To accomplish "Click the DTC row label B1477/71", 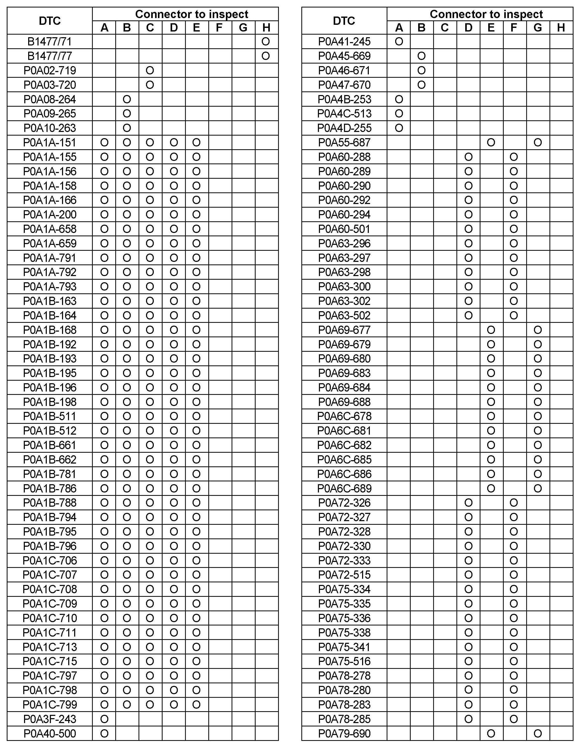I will pos(50,42).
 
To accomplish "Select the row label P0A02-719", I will pos(50,71).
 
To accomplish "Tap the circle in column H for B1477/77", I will pos(266,56).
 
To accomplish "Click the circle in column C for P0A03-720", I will pos(150,85).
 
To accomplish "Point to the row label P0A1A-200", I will pos(50,215).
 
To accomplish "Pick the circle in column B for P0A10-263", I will pos(127,128).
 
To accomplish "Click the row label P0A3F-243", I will pos(50,719).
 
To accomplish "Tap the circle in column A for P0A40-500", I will pos(104,733).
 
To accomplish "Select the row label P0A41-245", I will pos(344,42).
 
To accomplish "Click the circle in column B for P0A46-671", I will pos(422,71).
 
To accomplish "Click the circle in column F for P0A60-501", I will pos(514,229).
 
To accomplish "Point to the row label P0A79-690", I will pos(344,733).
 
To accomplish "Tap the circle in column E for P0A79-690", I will pos(491,733).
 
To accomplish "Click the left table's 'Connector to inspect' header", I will pos(192,14).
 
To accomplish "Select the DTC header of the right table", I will pos(344,21).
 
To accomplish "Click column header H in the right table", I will pos(561,28).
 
